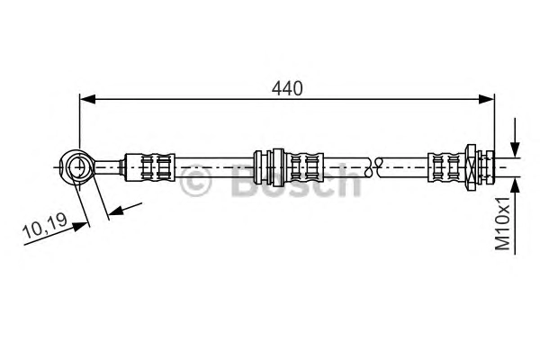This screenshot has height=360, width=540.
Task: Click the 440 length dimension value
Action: click(287, 88)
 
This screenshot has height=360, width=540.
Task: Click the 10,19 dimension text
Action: click(44, 226)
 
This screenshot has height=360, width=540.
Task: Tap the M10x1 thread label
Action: click(502, 224)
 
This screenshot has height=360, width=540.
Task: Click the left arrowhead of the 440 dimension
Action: click(87, 99)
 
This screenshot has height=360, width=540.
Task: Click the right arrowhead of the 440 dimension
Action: click(487, 99)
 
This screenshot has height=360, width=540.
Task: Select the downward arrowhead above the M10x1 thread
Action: click(515, 150)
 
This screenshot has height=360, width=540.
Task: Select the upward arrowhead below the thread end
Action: click(515, 186)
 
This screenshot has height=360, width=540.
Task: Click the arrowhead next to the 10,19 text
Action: click(80, 227)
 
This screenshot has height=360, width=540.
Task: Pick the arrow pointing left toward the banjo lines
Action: click(124, 209)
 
